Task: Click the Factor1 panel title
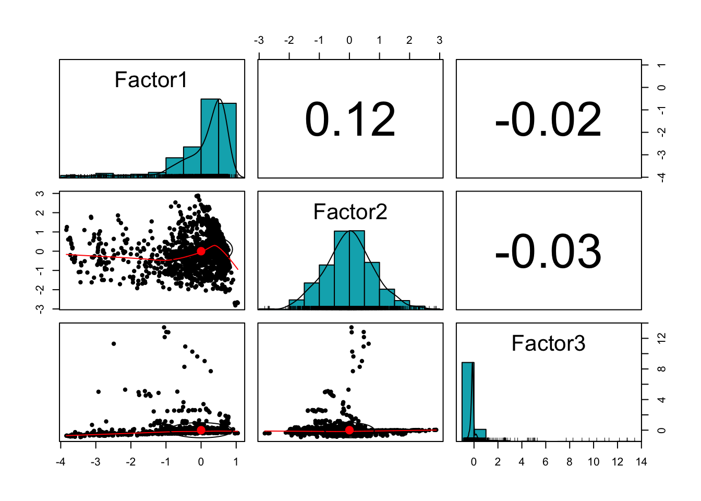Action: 151,80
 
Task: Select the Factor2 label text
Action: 350,212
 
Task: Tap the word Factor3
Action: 548,343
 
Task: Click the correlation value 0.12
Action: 350,120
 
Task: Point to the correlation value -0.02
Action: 548,120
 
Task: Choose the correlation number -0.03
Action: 548,252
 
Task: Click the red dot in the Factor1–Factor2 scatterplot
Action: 201,251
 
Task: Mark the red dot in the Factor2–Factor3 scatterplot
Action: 349,430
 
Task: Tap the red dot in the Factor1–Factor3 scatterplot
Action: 201,430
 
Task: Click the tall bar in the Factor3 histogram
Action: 468,399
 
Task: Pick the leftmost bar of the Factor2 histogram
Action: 296,303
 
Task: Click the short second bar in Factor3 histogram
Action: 480,434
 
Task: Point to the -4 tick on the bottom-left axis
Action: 61,461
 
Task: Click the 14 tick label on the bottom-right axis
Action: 641,461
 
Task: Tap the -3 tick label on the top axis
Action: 259,40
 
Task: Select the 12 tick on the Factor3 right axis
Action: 661,338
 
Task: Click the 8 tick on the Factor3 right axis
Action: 661,369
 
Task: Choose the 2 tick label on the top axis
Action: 409,40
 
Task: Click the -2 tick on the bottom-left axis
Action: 130,461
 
